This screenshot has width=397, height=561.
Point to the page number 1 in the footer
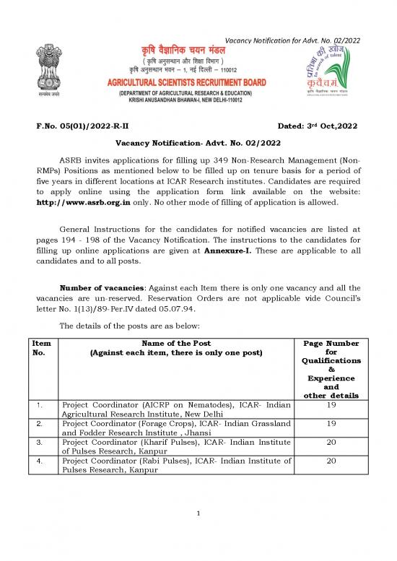click(x=197, y=534)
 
